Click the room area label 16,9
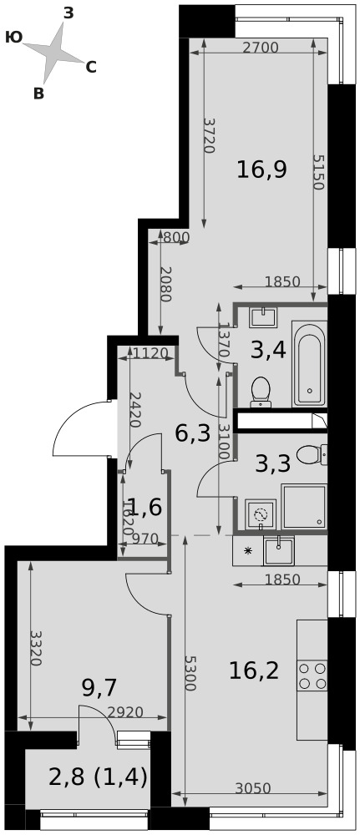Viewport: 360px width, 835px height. tap(262, 170)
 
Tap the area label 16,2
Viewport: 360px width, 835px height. tap(254, 671)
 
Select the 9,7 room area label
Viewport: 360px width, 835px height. tap(99, 688)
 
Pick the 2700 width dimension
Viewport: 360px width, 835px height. tap(261, 48)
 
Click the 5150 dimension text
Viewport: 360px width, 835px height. tap(318, 173)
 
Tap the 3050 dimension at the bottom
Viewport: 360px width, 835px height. tap(253, 788)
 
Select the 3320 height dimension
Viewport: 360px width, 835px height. tap(36, 649)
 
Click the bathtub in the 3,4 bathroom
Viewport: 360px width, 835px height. tap(309, 364)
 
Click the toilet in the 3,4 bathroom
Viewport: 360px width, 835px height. tap(261, 392)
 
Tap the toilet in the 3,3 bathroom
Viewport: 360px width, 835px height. tap(311, 455)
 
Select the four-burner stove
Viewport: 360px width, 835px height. tap(312, 676)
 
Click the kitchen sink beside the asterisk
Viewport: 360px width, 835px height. tap(278, 551)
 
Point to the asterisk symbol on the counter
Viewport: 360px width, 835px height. tap(247, 551)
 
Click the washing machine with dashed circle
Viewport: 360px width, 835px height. tap(261, 514)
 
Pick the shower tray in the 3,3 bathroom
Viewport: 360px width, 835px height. tap(303, 507)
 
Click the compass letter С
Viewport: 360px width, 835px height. tap(91, 68)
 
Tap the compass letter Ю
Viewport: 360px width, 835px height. tap(14, 37)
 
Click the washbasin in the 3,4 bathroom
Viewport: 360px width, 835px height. tap(263, 317)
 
